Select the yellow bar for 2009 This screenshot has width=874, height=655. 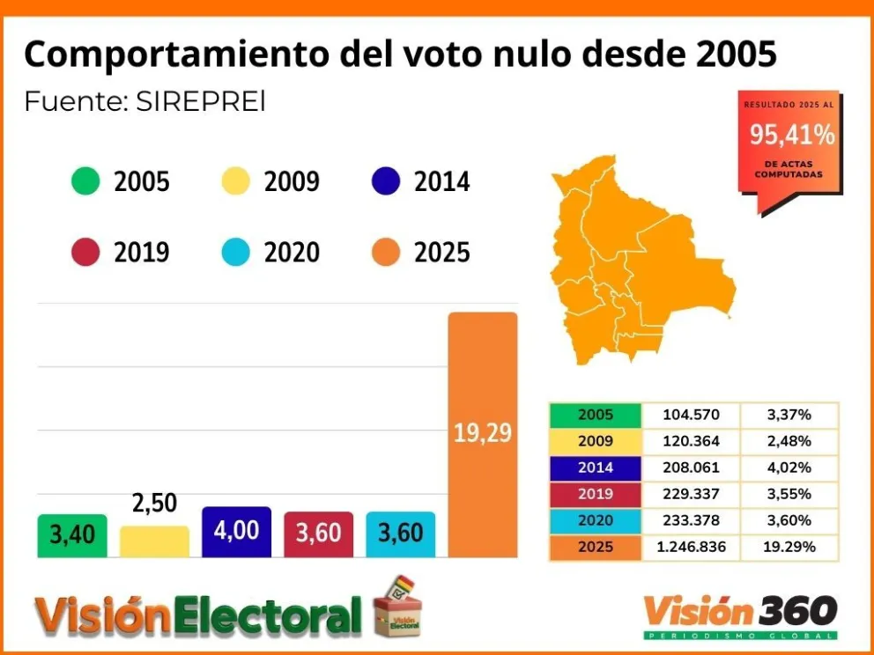click(154, 541)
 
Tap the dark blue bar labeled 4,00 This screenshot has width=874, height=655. click(236, 532)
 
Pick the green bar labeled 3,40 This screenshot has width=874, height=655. click(72, 534)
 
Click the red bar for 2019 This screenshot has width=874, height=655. click(318, 534)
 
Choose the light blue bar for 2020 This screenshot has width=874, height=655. click(400, 534)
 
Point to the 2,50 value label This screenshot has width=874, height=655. click(154, 504)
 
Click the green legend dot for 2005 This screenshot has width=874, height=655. click(85, 182)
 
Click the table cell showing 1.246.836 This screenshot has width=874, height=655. click(692, 547)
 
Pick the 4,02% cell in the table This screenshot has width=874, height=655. click(789, 467)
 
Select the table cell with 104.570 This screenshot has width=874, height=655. click(692, 415)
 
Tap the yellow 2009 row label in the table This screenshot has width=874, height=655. click(596, 441)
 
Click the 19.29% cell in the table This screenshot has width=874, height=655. click(789, 547)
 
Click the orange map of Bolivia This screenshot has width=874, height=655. click(634, 264)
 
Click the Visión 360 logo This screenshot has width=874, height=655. click(740, 613)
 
